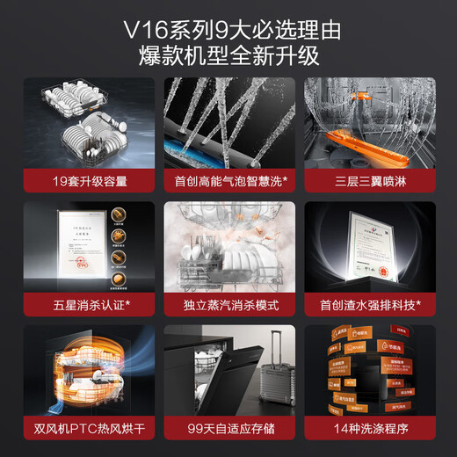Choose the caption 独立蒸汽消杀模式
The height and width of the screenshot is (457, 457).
(x=228, y=306)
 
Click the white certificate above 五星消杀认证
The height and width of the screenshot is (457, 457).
(x=69, y=251)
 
